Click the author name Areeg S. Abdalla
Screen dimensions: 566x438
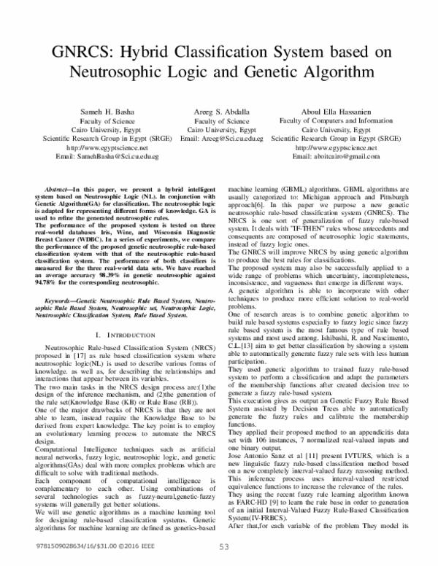(x=223, y=111)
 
